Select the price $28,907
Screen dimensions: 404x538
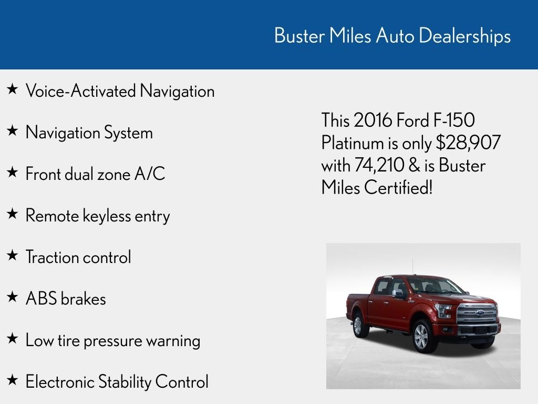(x=468, y=143)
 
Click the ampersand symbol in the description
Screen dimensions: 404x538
(x=413, y=165)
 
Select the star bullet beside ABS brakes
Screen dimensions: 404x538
(x=12, y=298)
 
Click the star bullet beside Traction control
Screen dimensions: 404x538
(x=12, y=256)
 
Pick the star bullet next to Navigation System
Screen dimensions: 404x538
(x=12, y=132)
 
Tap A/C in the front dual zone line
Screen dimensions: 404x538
(x=150, y=174)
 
